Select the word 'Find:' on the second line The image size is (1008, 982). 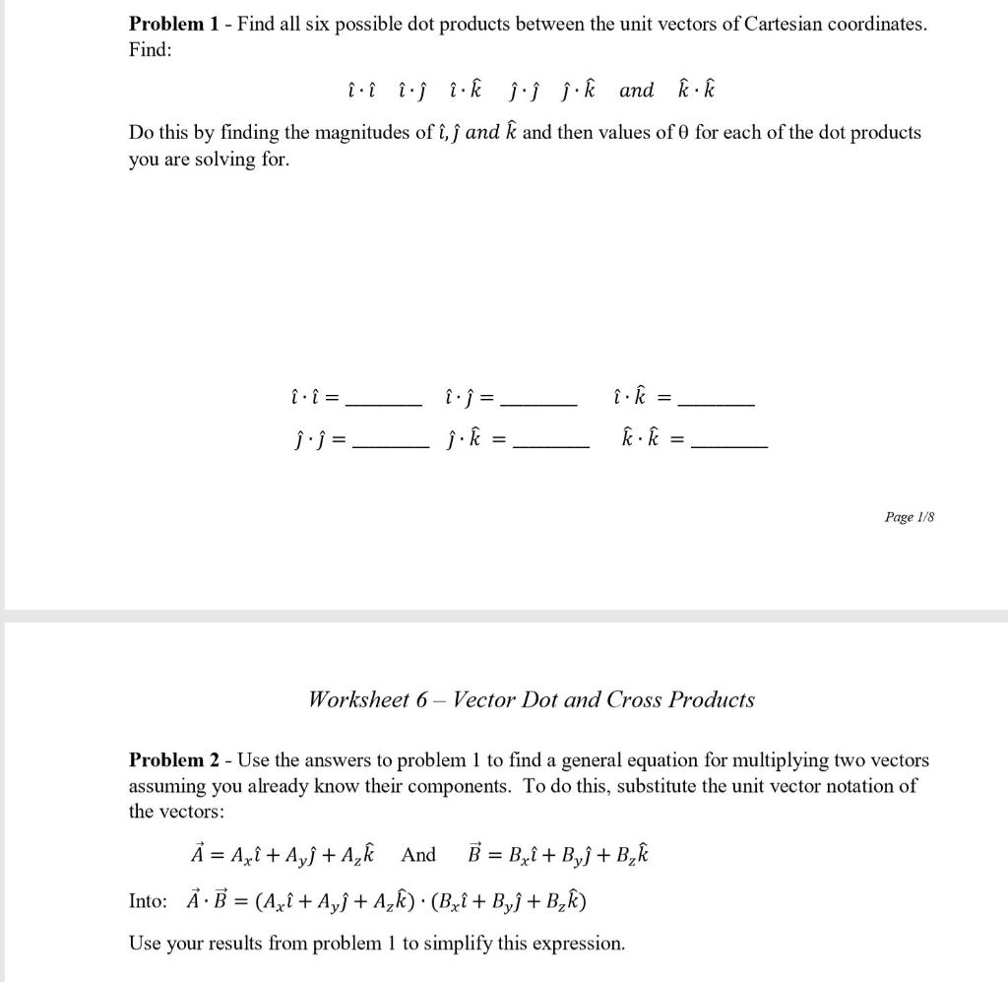point(151,49)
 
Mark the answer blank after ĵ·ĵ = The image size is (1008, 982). point(390,445)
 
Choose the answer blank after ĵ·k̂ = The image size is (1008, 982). point(551,445)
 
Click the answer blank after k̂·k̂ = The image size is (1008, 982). point(729,445)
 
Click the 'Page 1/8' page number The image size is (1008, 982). point(906,517)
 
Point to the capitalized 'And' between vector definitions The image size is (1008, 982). point(418,855)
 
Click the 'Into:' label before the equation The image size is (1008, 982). point(149,901)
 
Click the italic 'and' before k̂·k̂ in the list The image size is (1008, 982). point(636,91)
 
